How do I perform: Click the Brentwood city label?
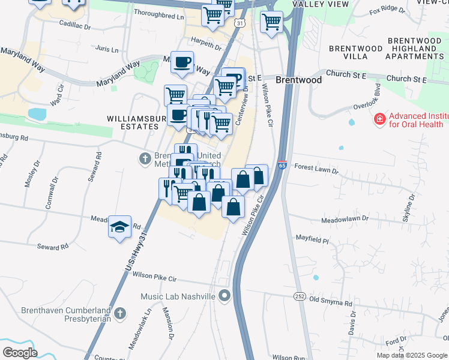[x=298, y=80]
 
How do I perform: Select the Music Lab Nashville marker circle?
[x=224, y=295]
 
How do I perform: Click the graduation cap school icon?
[x=120, y=226]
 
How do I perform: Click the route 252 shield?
[x=300, y=296]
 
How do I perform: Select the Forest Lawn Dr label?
[x=316, y=170]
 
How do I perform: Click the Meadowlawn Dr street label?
[x=344, y=220]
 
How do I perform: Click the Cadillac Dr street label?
[x=75, y=25]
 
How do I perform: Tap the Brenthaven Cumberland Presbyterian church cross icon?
[x=119, y=313]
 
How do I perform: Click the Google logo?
[x=20, y=352]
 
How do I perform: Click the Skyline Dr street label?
[x=411, y=208]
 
